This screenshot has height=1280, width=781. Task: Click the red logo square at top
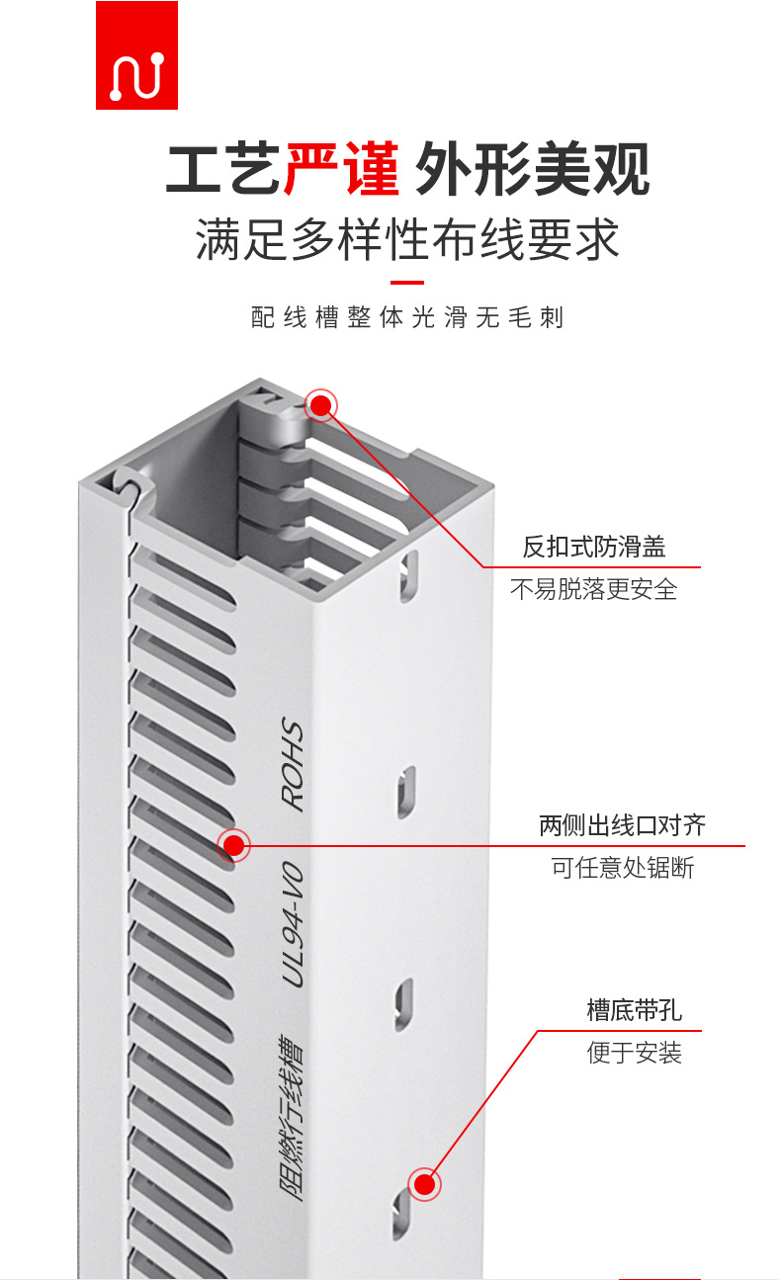136,55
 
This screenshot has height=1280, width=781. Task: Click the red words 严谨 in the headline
341,169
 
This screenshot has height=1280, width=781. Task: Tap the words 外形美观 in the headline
533,169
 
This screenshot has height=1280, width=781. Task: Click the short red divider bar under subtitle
407,283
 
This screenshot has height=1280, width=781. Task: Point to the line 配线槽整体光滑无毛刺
407,317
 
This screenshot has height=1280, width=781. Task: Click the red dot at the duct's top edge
321,405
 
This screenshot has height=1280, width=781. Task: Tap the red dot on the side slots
233,845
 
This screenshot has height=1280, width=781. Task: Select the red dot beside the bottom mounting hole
424,1184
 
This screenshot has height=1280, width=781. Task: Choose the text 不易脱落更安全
593,589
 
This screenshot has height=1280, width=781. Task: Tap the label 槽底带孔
634,1010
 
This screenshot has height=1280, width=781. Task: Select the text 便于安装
634,1053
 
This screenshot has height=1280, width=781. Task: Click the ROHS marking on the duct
294,766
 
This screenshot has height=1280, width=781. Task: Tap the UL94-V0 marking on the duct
293,924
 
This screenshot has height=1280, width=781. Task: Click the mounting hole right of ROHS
405,792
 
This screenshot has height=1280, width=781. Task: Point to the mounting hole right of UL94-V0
404,1004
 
